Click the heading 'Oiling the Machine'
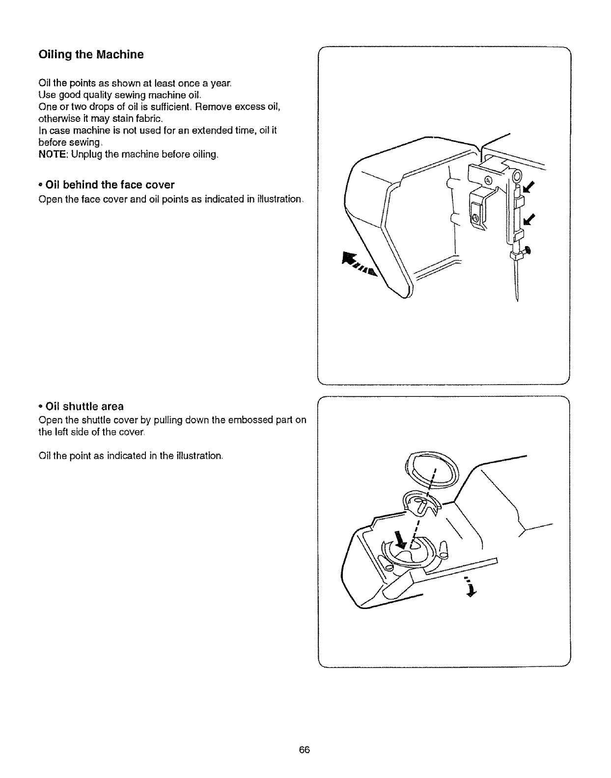91,55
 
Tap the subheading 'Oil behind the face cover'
110,185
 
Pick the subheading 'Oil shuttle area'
84,406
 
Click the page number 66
305,750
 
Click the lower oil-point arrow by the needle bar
529,219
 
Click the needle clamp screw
528,250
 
